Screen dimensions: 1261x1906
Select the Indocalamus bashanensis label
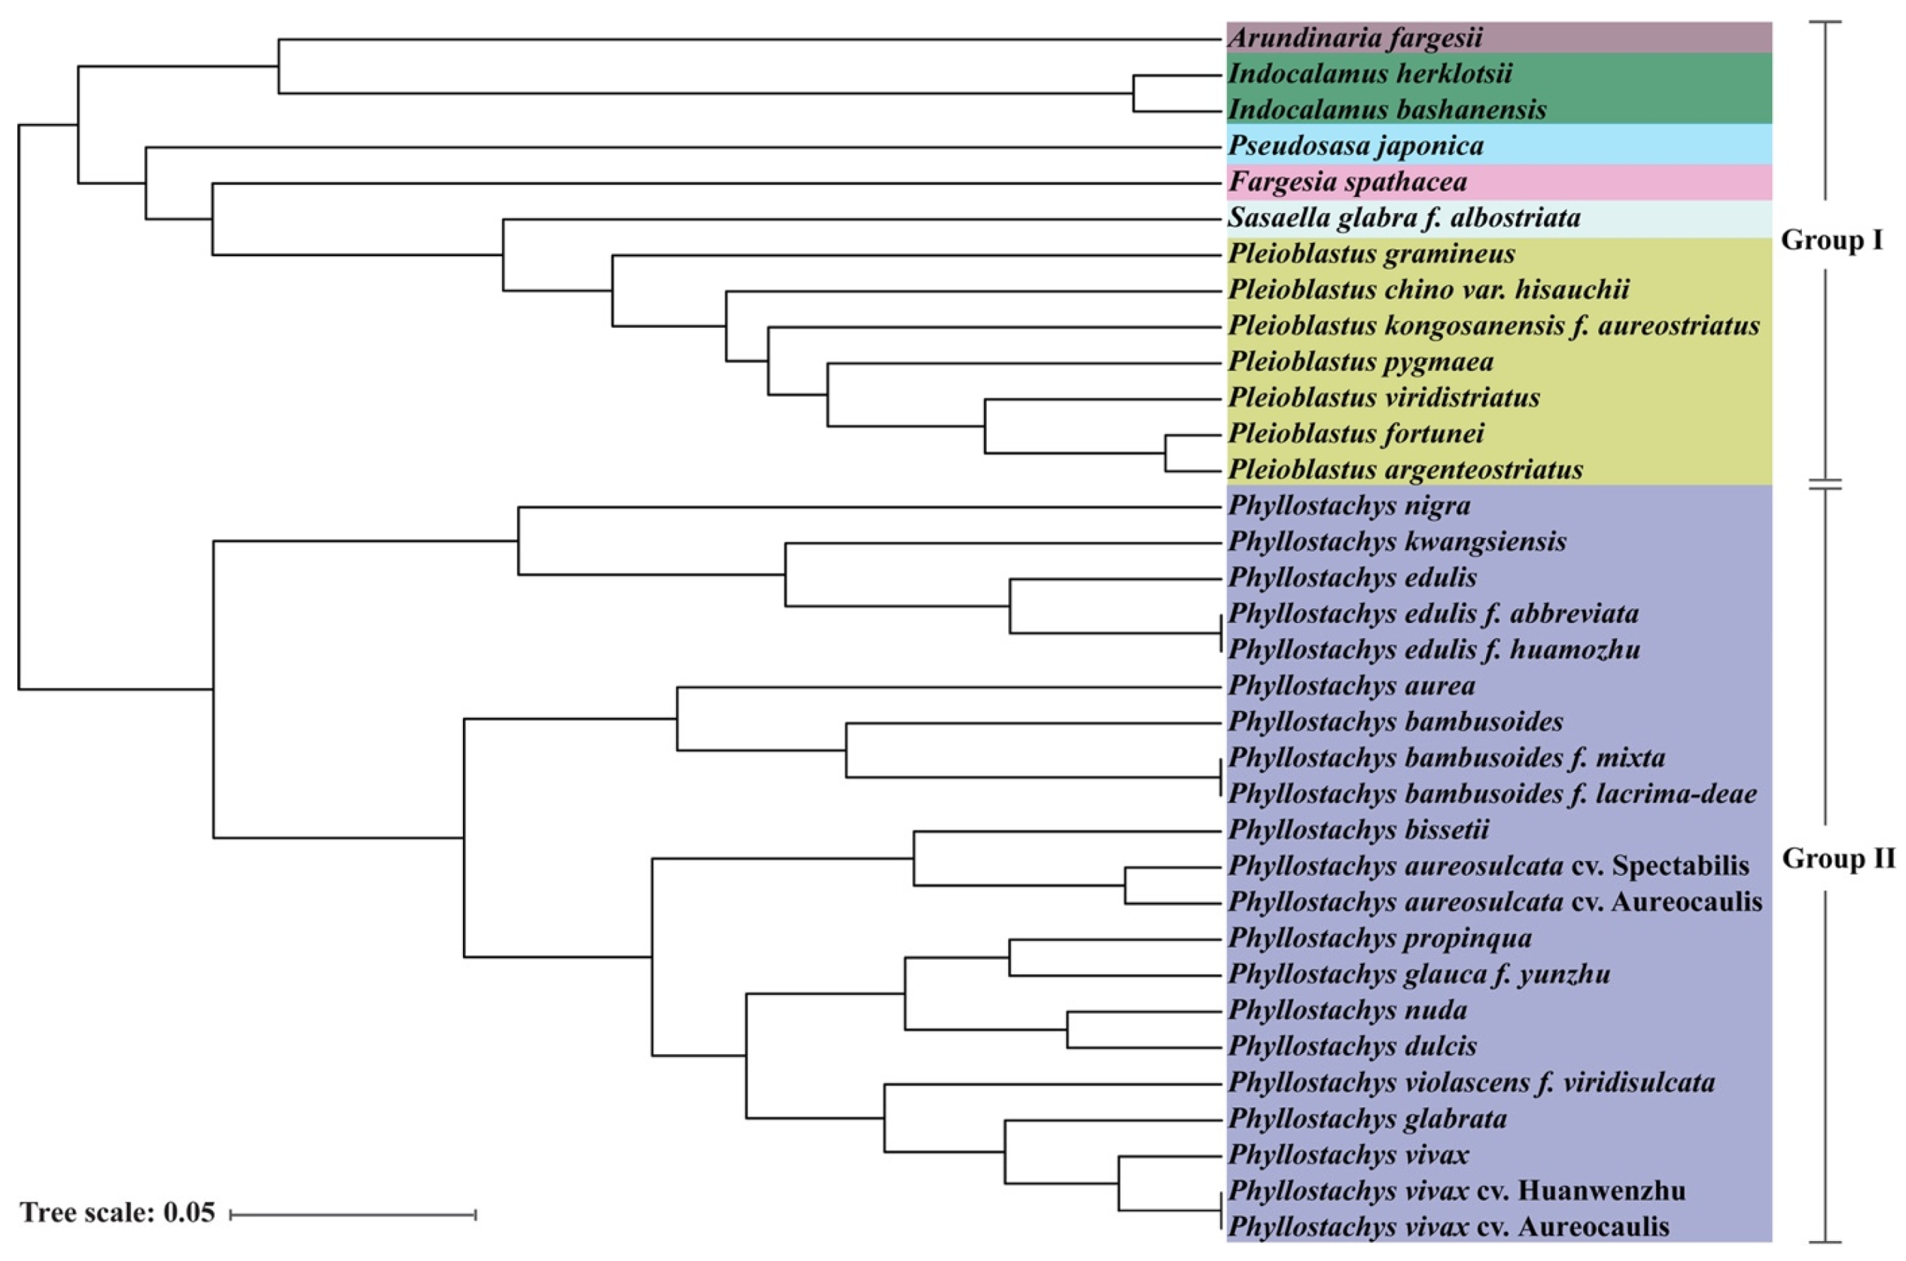point(1387,110)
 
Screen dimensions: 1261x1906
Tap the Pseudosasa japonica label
point(1356,147)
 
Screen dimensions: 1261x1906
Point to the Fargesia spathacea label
point(1348,183)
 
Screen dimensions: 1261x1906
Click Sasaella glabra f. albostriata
point(1404,218)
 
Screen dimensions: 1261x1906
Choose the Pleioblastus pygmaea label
point(1361,362)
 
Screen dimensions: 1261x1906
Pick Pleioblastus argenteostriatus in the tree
point(1405,469)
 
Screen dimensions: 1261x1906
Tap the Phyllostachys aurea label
point(1352,686)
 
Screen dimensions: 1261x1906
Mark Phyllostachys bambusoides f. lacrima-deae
point(1493,794)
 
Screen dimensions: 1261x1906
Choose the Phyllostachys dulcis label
point(1353,1046)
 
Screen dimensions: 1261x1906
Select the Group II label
point(1837,859)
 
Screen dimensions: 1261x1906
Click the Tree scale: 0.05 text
point(118,1213)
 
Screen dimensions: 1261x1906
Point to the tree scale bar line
point(353,1214)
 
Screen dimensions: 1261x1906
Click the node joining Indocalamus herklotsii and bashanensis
point(1134,93)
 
